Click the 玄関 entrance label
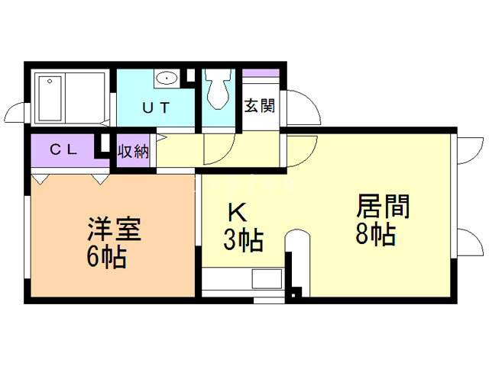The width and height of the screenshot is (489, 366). tap(259, 106)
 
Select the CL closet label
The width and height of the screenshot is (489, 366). tap(63, 149)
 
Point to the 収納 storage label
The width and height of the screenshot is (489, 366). tap(132, 150)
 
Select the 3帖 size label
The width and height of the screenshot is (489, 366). tap(243, 241)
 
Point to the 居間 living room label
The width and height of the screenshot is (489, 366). tap(383, 206)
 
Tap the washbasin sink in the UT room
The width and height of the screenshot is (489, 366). tap(166, 77)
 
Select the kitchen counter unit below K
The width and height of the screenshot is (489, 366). tap(244, 279)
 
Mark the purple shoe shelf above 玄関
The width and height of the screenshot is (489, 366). tap(261, 73)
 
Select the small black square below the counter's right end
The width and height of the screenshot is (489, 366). tap(297, 291)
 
